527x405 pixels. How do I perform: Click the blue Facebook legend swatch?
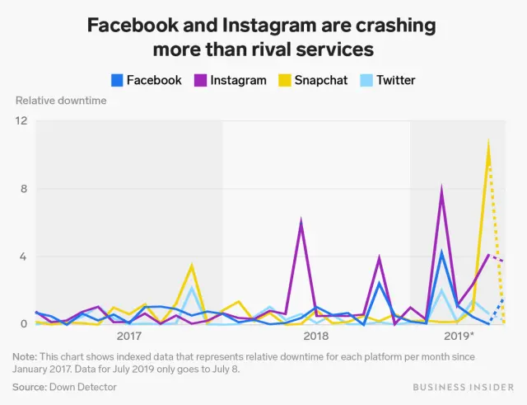(117, 80)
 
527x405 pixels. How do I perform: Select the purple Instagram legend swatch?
(200, 80)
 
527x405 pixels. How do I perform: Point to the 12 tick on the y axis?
(21, 121)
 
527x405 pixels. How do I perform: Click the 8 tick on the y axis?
(24, 189)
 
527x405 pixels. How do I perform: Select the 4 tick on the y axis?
(24, 257)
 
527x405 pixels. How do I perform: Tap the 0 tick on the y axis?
(24, 324)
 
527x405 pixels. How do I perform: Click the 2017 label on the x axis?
(129, 337)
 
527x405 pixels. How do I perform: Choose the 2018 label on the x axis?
(316, 337)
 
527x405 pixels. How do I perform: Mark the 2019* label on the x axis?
(459, 337)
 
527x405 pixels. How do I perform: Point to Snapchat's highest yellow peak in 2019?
(489, 142)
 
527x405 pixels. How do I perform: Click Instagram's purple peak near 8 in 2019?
(442, 190)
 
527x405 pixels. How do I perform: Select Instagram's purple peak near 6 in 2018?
(301, 221)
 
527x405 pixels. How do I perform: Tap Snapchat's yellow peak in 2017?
(192, 266)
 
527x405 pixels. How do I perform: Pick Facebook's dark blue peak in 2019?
(442, 252)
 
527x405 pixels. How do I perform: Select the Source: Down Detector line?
(61, 385)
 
